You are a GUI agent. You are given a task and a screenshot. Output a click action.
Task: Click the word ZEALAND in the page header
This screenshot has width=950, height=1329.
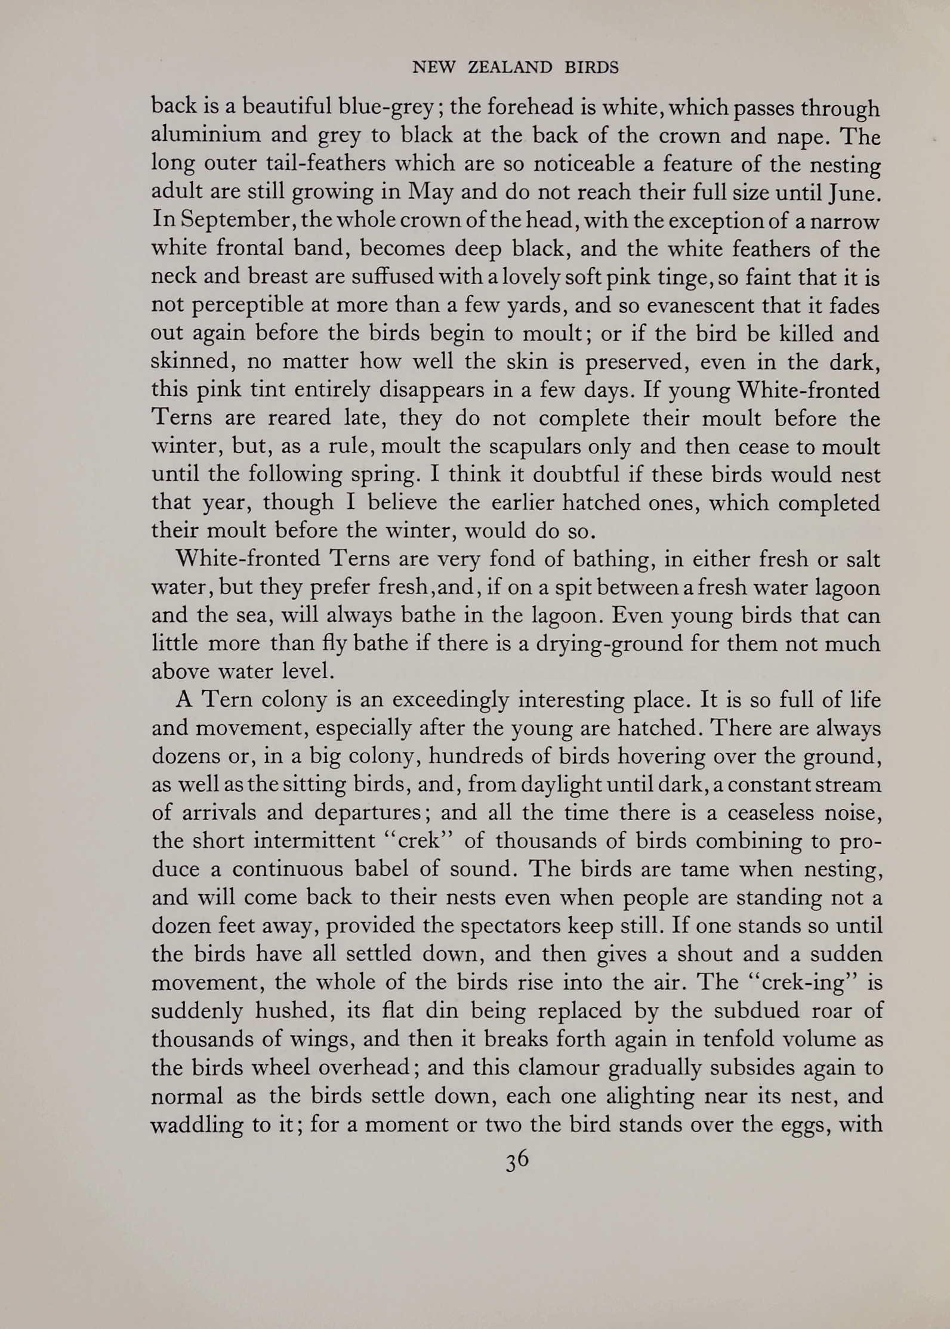510,68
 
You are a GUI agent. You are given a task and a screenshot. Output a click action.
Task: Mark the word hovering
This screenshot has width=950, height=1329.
662,756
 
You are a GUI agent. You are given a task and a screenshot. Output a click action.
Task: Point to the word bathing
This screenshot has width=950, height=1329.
609,560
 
